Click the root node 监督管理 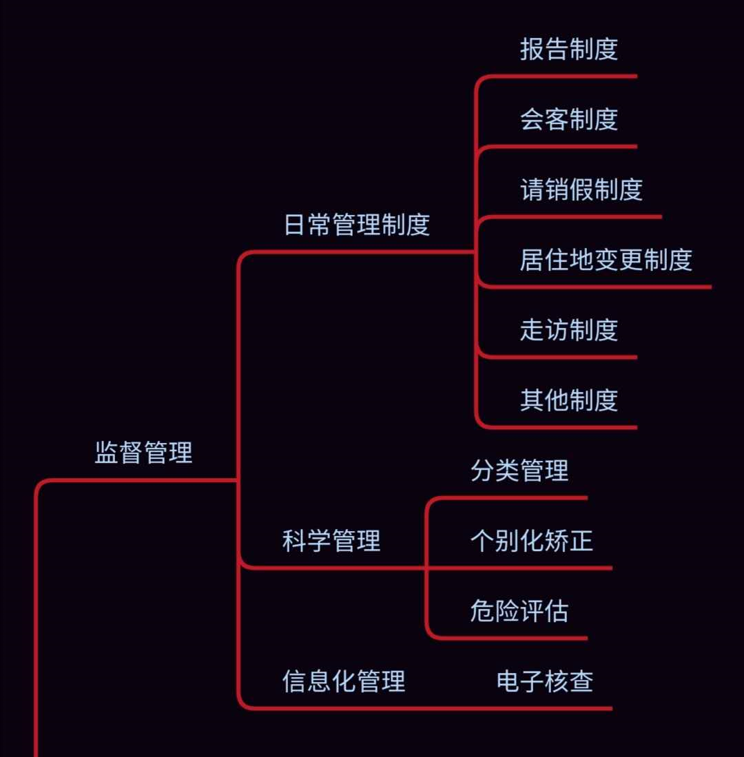click(143, 453)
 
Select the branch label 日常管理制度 click(357, 225)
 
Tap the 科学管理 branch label click(331, 541)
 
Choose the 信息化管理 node click(344, 681)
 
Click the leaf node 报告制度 click(569, 49)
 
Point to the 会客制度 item click(569, 119)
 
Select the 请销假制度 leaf click(581, 189)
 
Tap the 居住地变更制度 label click(606, 260)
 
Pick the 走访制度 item click(569, 330)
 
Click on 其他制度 click(569, 400)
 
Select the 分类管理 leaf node click(519, 470)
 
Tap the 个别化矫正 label click(531, 541)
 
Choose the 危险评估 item click(519, 611)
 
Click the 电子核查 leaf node click(545, 681)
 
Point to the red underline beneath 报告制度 click(565, 76)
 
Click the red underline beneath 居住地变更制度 click(606, 287)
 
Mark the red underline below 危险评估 click(517, 638)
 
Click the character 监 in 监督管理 click(107, 453)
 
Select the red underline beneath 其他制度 click(565, 427)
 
